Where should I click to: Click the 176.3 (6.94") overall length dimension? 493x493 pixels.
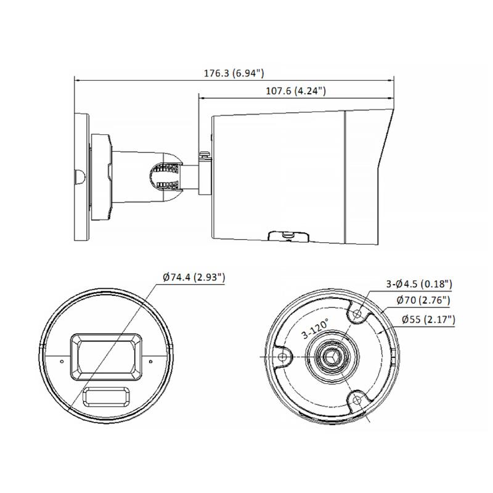coord(234,73)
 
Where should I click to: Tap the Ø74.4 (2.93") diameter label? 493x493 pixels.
coord(194,277)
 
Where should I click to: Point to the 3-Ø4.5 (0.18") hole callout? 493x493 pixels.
coord(419,284)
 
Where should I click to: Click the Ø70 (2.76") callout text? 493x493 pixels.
coord(423,301)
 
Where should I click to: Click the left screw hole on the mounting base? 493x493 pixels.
coord(283,357)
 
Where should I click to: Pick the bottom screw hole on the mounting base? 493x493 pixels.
coord(357,401)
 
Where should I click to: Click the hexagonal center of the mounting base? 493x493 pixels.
coord(333,357)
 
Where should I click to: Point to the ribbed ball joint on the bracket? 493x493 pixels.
coord(166,176)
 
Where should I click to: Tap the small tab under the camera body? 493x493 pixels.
coord(287,235)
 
